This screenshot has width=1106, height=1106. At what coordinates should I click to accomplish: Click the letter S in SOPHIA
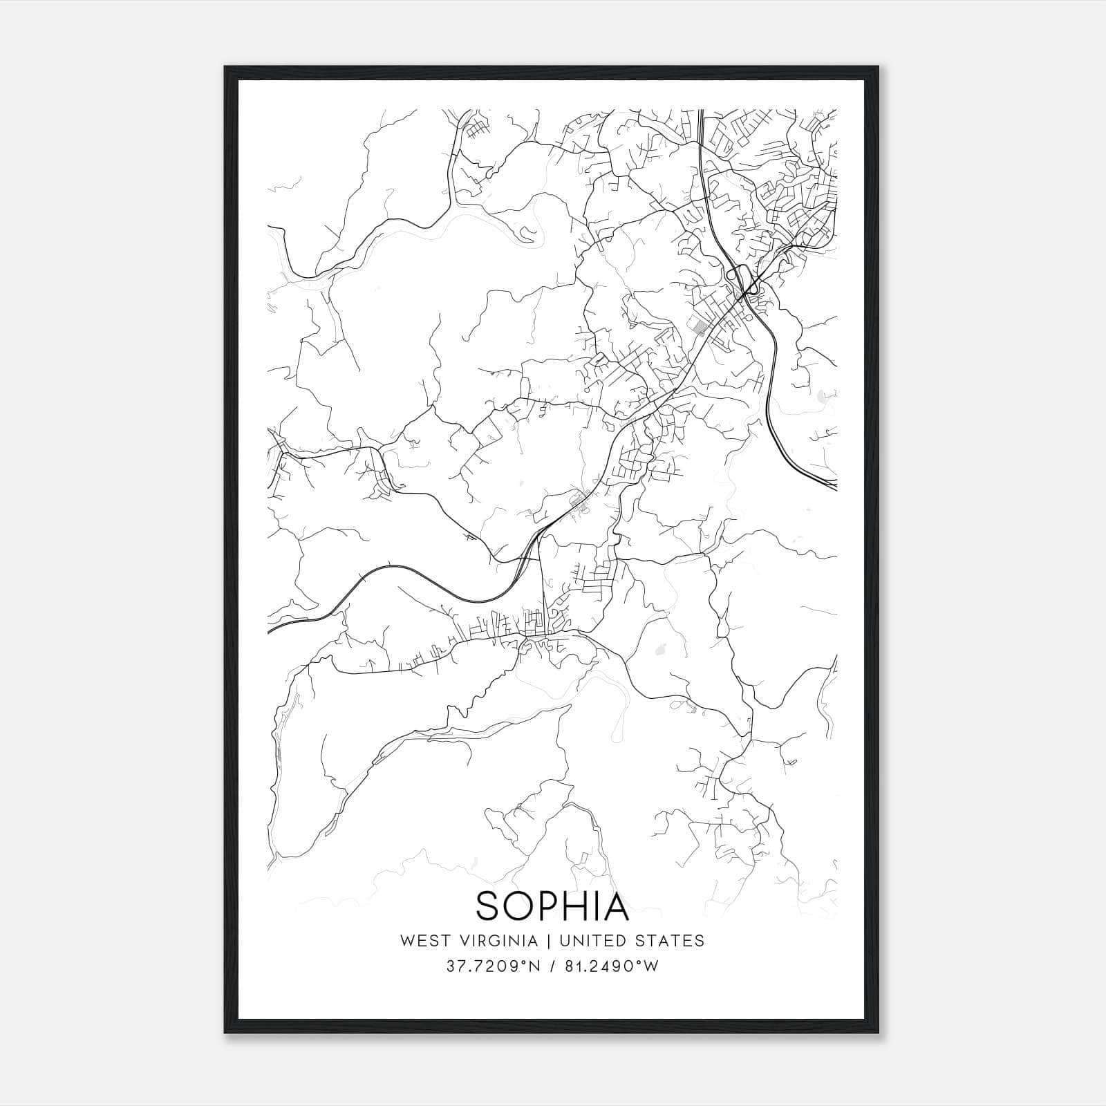488,906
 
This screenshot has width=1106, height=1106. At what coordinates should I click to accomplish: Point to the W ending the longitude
651,966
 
